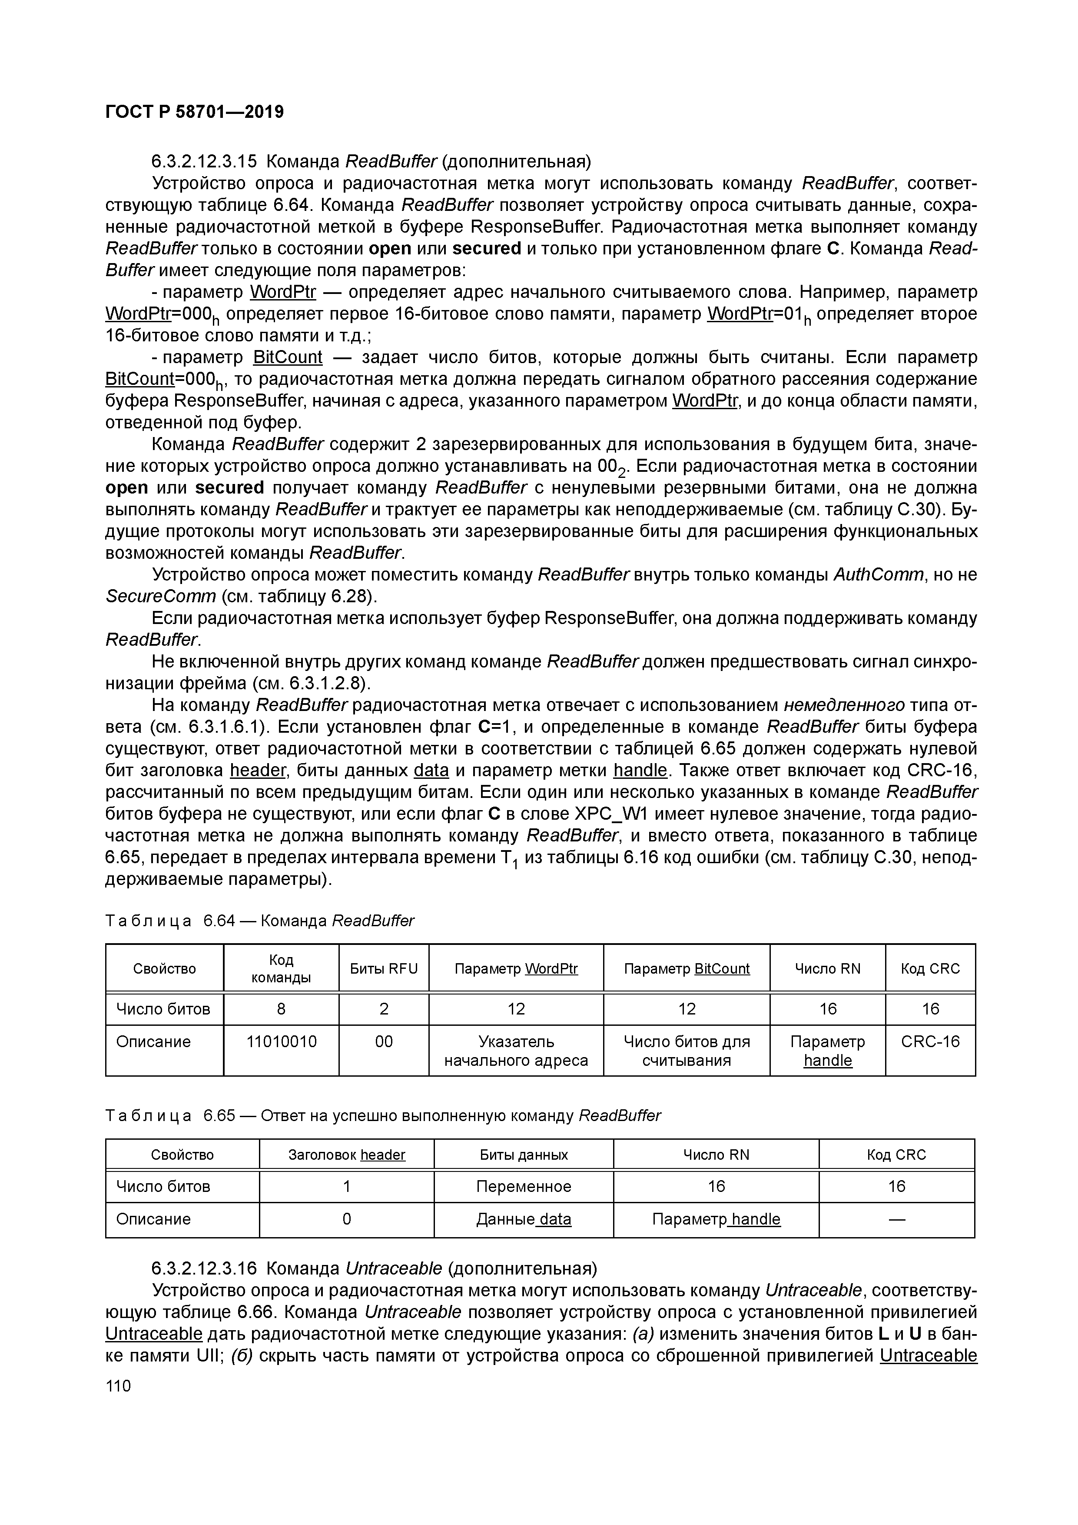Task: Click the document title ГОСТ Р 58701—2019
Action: tap(195, 112)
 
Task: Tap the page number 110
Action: tap(119, 1385)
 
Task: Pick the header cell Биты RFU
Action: tap(384, 968)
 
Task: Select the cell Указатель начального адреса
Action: tap(516, 1051)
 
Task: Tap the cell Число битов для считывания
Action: tap(687, 1051)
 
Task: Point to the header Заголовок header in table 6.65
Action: tap(346, 1155)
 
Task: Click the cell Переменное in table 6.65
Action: tap(523, 1186)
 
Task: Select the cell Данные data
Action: tap(523, 1219)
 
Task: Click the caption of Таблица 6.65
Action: tap(383, 1115)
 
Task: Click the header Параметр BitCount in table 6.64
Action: tap(687, 968)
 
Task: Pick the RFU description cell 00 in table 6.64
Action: tap(384, 1041)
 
